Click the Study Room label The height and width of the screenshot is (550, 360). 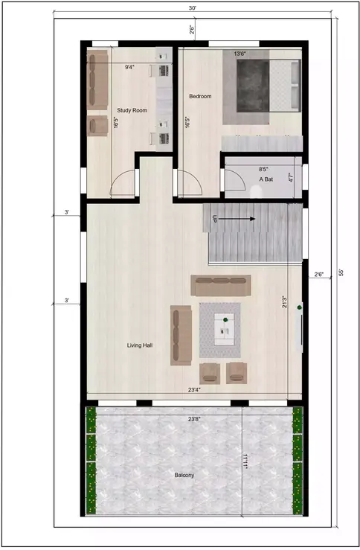coord(132,110)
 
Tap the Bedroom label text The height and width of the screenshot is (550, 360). coord(200,97)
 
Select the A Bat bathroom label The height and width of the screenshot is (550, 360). coord(266,179)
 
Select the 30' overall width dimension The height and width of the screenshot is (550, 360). coord(193,7)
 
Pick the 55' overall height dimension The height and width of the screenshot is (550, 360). coord(341,273)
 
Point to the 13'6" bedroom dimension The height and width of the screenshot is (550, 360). coord(240,54)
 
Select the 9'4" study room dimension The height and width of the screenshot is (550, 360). coord(130,67)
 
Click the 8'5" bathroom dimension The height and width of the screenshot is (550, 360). coord(264,169)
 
